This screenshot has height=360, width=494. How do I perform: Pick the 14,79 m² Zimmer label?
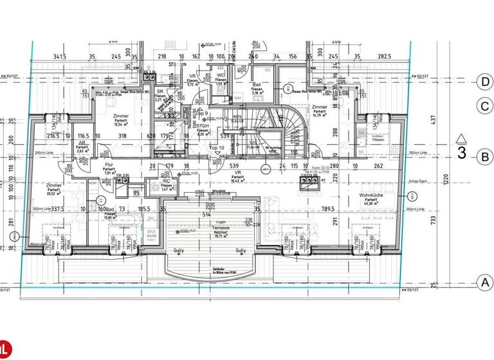[x=319, y=111]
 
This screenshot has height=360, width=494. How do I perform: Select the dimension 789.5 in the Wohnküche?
[x=329, y=208]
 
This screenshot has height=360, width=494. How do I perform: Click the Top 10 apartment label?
[x=217, y=148]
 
